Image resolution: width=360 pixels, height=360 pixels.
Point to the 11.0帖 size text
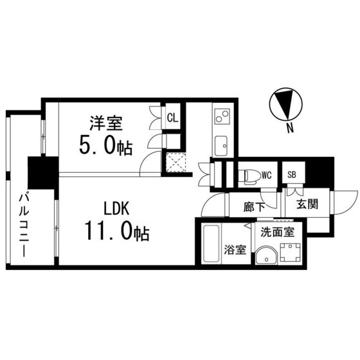click(x=116, y=231)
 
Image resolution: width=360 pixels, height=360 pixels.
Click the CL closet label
click(x=172, y=118)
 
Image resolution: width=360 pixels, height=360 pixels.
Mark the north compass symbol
click(x=283, y=104)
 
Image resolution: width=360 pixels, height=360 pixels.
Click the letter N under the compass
click(x=290, y=128)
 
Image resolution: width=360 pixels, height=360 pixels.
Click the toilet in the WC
click(x=249, y=174)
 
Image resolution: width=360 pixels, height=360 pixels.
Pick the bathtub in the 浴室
click(x=210, y=244)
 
